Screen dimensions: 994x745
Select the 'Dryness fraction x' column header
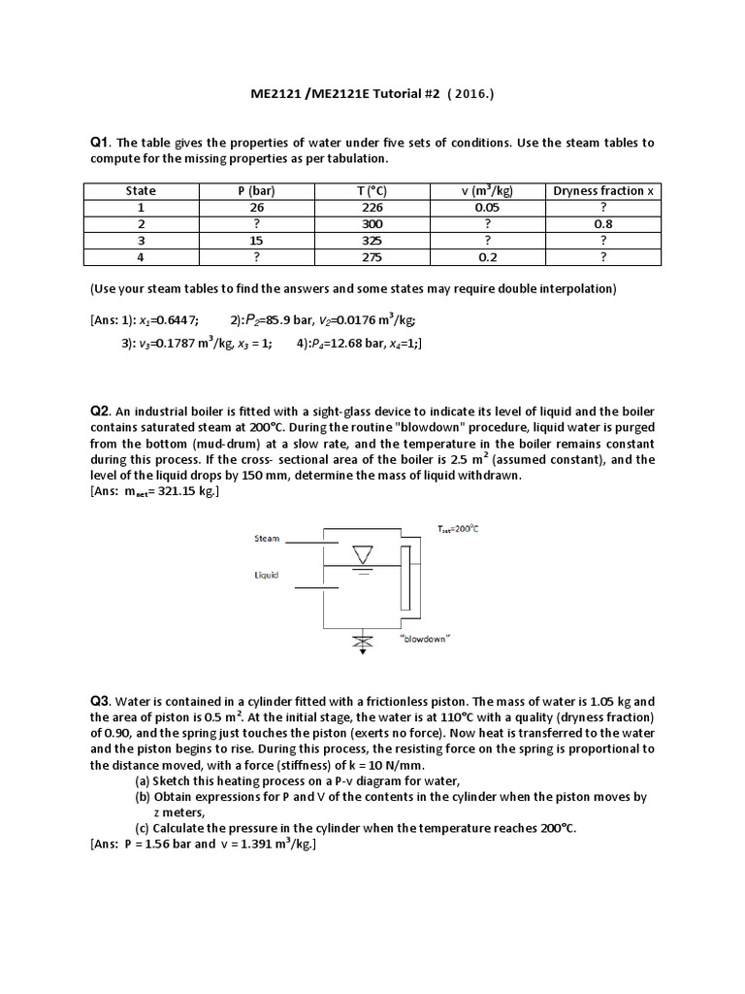tap(602, 190)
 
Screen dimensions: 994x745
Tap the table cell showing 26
tap(257, 207)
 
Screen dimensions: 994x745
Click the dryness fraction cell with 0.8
tap(602, 223)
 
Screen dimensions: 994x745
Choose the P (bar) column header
tap(257, 190)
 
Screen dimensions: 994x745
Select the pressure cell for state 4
tap(257, 256)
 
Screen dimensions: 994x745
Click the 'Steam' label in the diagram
tap(267, 537)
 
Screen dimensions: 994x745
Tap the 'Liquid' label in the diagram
tap(267, 575)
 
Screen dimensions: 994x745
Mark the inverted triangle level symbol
tap(361, 555)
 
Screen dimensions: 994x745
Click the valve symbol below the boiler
tap(362, 642)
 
